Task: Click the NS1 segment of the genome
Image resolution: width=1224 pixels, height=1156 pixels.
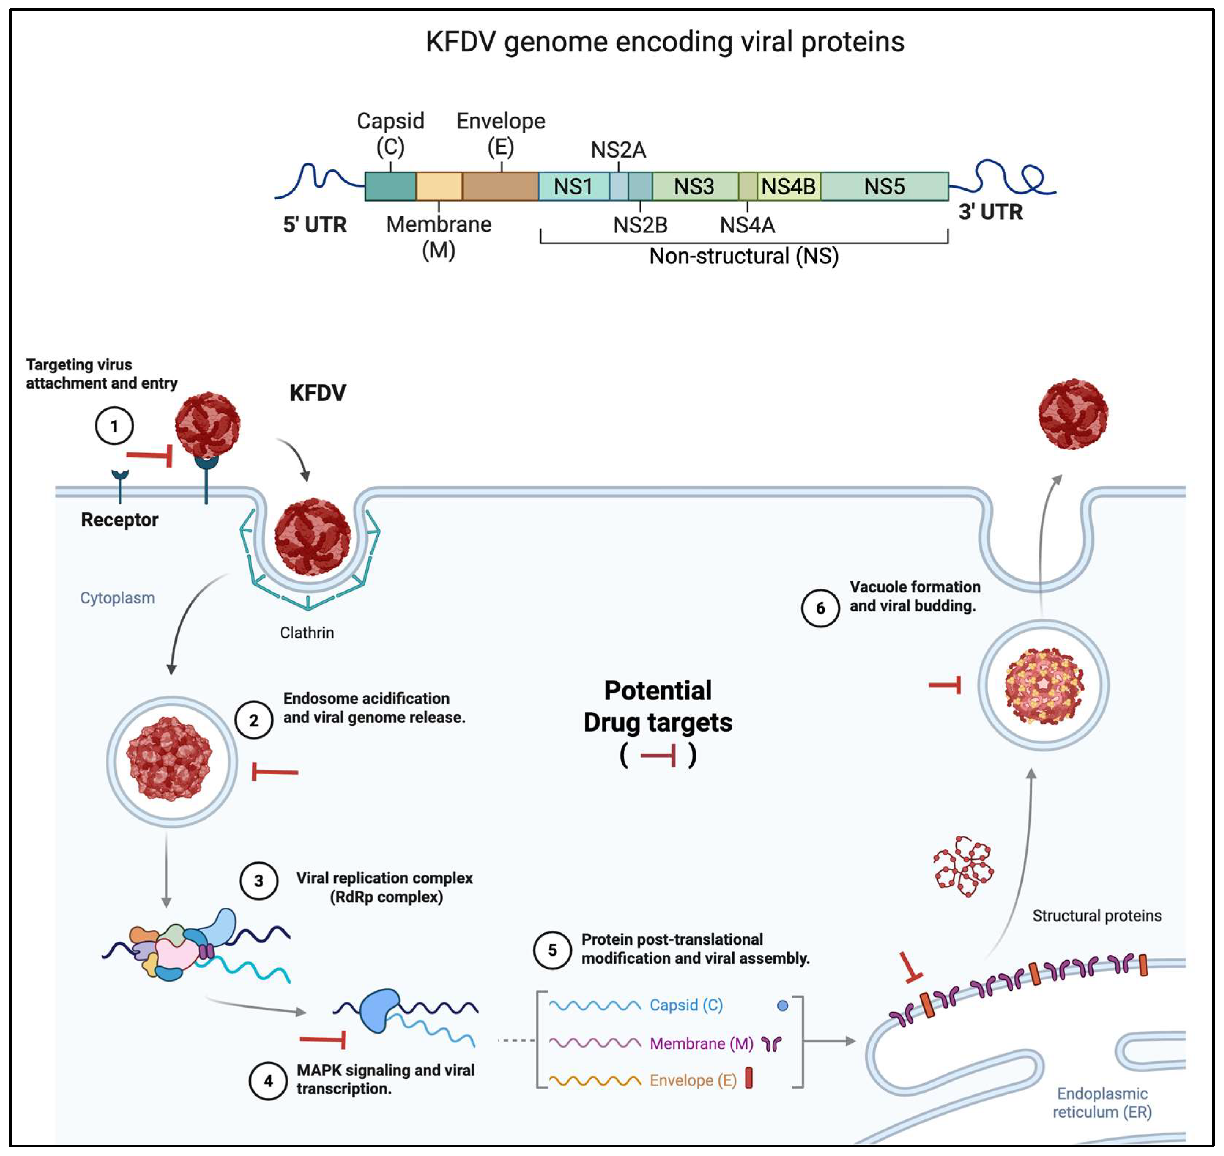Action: [573, 186]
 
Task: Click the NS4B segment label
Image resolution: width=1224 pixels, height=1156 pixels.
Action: [788, 186]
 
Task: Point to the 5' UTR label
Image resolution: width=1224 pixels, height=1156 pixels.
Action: [314, 225]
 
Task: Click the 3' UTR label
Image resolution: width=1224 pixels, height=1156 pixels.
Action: [990, 212]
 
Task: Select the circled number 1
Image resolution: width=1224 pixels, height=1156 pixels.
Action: [114, 426]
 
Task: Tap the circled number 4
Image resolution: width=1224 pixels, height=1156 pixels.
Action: [268, 1081]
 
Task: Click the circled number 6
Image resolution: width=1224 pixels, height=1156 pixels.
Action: [820, 608]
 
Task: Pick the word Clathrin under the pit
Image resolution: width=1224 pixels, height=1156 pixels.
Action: [307, 633]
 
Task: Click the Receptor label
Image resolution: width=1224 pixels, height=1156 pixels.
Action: [119, 519]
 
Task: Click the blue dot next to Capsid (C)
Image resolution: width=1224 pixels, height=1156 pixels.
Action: [782, 1006]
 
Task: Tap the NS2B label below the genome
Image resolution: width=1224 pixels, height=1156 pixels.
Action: [640, 225]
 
